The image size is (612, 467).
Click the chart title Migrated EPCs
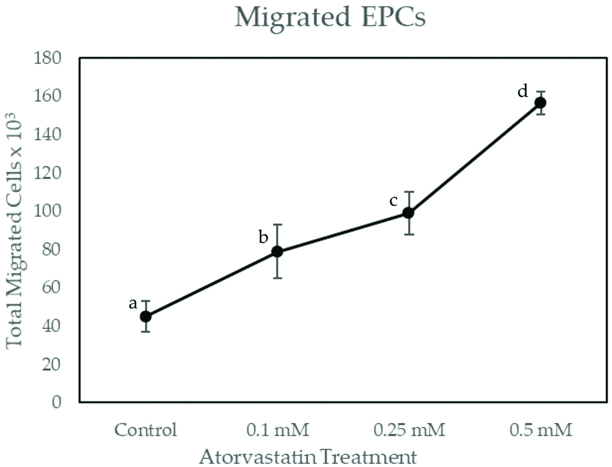pyautogui.click(x=330, y=18)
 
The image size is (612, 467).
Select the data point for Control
pyautogui.click(x=145, y=316)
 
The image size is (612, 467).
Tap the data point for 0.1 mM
pyautogui.click(x=277, y=251)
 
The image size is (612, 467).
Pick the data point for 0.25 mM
pyautogui.click(x=408, y=213)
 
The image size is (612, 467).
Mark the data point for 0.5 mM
pyautogui.click(x=540, y=103)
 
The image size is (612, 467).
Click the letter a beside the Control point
pyautogui.click(x=132, y=303)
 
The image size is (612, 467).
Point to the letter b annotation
pyautogui.click(x=263, y=238)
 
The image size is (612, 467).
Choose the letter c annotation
pyautogui.click(x=394, y=201)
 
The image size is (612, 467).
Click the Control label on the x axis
pyautogui.click(x=146, y=429)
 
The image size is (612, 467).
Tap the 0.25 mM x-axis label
pyautogui.click(x=408, y=429)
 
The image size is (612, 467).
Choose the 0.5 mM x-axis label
pyautogui.click(x=540, y=429)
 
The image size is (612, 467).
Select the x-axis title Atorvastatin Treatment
pyautogui.click(x=303, y=457)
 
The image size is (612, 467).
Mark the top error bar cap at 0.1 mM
pyautogui.click(x=277, y=225)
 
